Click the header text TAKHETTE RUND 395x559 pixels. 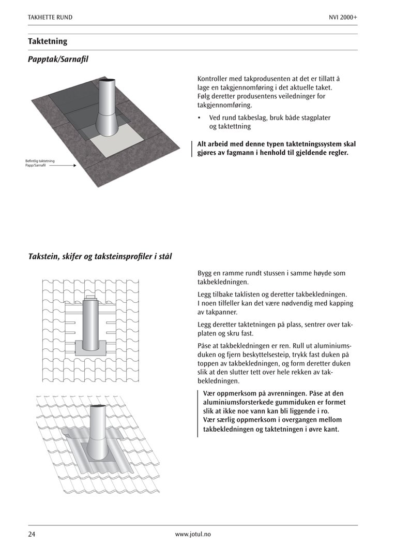(50, 18)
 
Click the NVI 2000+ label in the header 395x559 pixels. (343, 18)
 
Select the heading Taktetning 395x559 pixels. (48, 41)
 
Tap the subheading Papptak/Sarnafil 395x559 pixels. (58, 60)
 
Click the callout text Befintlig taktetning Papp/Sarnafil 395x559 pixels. (40, 164)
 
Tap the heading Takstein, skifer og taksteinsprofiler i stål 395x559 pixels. (100, 257)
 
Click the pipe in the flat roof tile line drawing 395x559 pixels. (91, 321)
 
